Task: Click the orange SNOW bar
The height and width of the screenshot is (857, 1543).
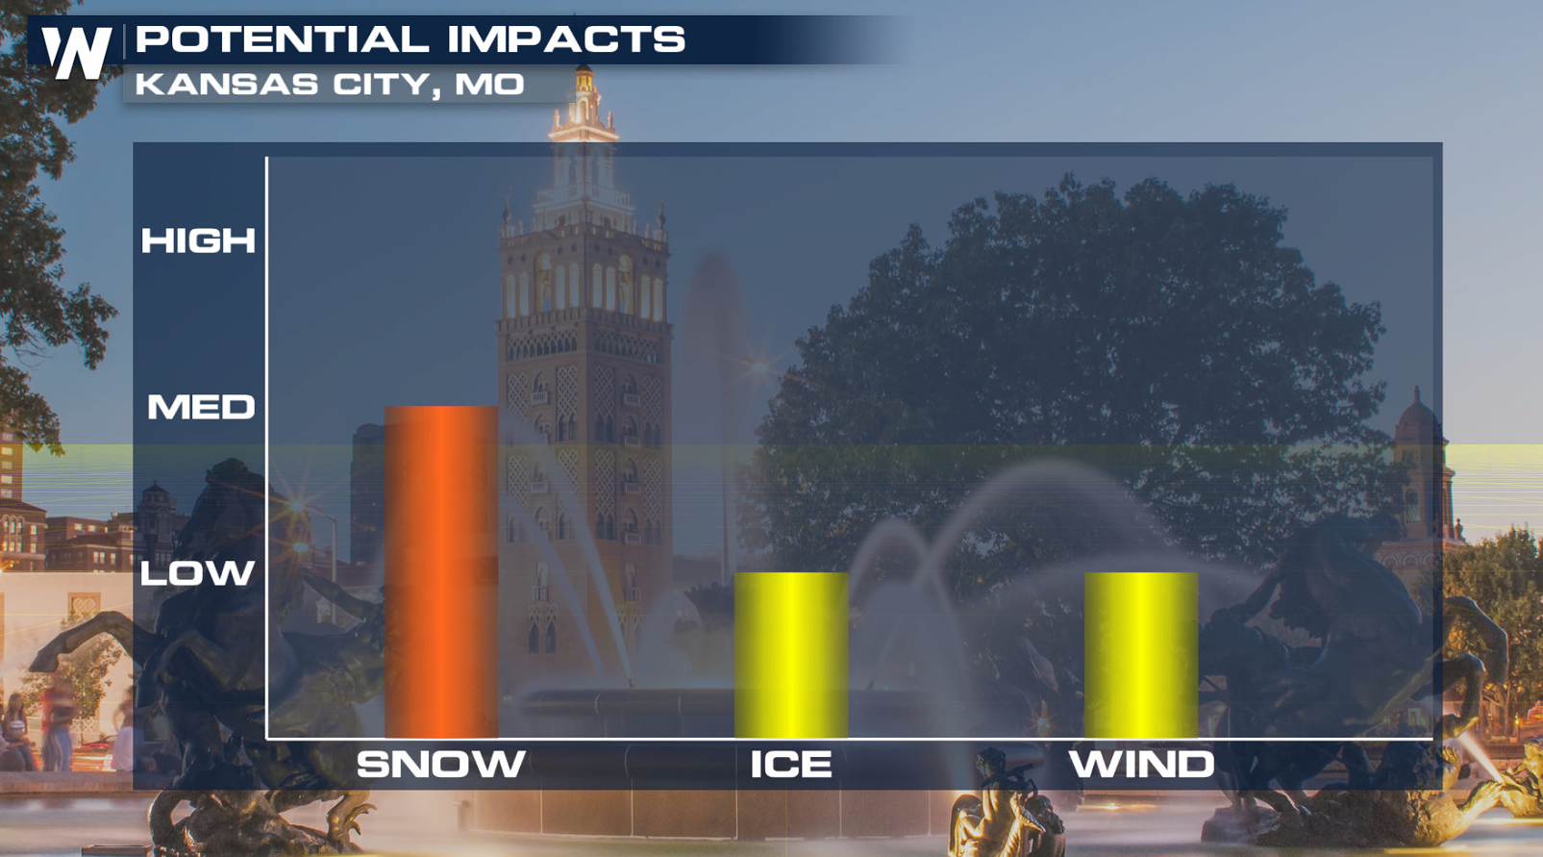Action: pos(441,571)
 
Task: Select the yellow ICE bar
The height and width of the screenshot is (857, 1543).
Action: pos(791,655)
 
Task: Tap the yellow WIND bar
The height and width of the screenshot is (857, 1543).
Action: pos(1141,655)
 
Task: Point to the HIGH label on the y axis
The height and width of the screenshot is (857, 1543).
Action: pos(198,240)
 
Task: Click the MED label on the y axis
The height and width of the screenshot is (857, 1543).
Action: pos(201,407)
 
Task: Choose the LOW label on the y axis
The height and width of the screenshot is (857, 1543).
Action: pos(198,573)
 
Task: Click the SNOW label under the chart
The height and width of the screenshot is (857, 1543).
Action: pos(441,764)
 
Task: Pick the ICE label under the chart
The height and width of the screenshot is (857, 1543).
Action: pos(791,764)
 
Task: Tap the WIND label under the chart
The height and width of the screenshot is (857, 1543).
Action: pos(1141,764)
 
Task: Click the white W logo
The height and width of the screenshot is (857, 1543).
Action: pos(77,52)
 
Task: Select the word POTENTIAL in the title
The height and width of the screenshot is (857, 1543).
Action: pos(283,38)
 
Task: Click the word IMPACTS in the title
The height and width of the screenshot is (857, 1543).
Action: pos(566,38)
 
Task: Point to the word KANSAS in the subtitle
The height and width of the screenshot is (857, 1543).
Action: pos(227,85)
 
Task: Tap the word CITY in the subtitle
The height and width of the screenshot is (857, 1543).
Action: pos(387,86)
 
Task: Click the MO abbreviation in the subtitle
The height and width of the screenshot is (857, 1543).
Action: pos(489,85)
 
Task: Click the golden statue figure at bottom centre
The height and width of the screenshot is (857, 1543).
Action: pos(1003,806)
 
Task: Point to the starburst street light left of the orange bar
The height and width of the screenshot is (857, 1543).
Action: pos(298,506)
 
